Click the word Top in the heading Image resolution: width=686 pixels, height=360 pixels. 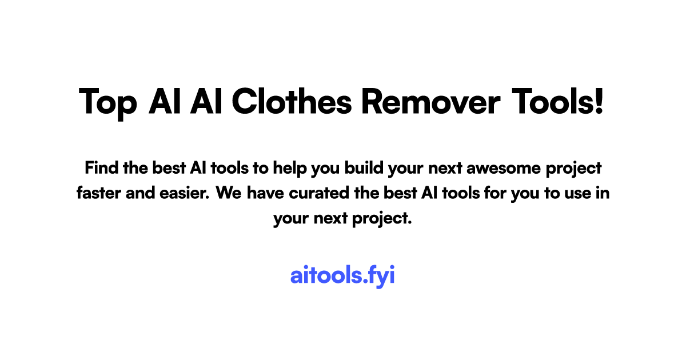[x=108, y=103]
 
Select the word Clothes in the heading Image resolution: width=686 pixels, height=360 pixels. [x=292, y=101]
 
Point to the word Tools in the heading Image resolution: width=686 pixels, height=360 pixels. [x=553, y=101]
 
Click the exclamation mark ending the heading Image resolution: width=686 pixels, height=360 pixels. [x=599, y=101]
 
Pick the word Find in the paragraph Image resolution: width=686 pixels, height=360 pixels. [x=101, y=168]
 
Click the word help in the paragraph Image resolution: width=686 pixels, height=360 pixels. [x=290, y=169]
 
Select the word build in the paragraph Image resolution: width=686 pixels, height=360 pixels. [x=364, y=168]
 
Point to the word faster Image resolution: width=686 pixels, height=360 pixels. [x=98, y=193]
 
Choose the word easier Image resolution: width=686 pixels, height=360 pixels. [x=184, y=193]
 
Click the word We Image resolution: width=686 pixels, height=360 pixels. [x=229, y=193]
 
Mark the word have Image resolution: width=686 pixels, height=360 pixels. [x=265, y=193]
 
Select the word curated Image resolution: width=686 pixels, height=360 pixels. [x=319, y=193]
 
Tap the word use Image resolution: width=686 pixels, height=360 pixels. [x=577, y=194]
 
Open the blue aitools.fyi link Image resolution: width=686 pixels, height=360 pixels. [x=342, y=276]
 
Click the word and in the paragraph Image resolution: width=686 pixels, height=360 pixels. [x=140, y=193]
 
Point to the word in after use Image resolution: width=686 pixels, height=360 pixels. [x=603, y=193]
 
